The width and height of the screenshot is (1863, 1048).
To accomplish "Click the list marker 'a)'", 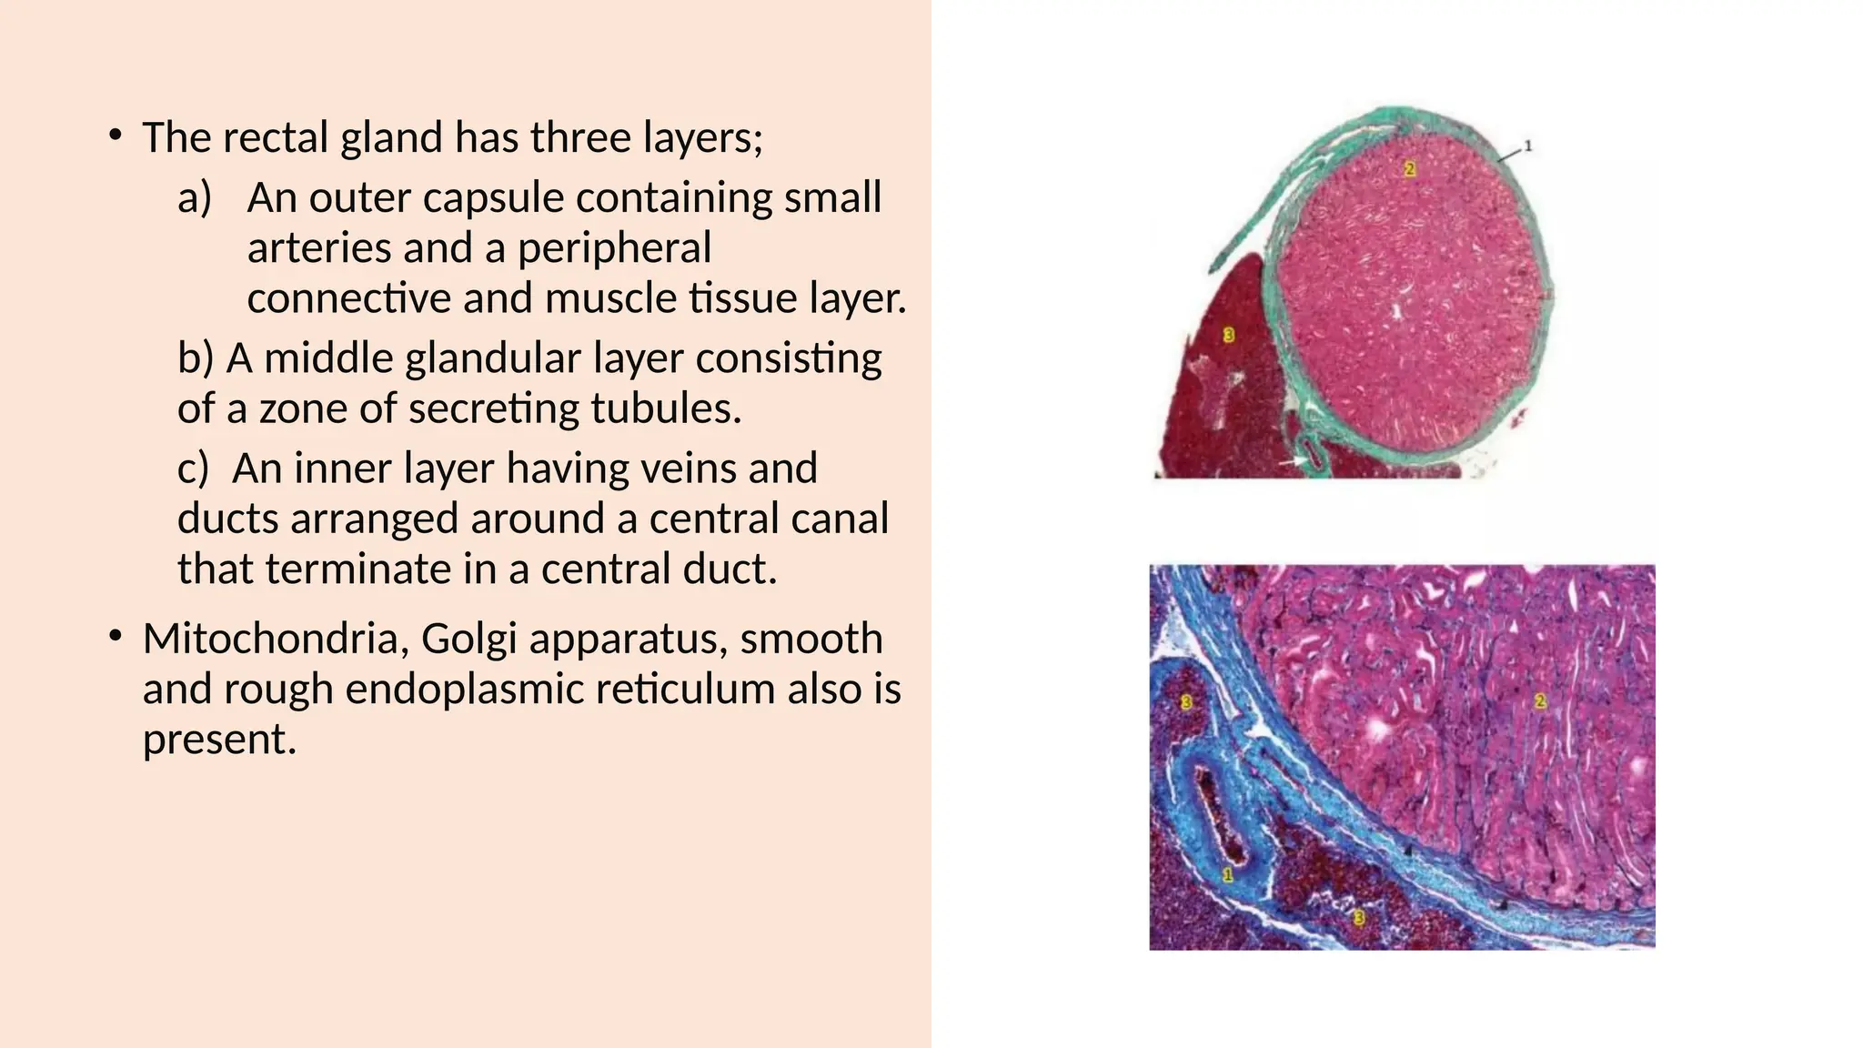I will pyautogui.click(x=195, y=197).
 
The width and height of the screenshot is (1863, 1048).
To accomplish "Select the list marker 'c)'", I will pyautogui.click(x=193, y=468).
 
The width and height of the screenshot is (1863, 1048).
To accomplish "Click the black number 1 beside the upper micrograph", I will pyautogui.click(x=1528, y=146).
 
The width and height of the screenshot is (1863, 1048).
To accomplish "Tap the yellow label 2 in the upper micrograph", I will pyautogui.click(x=1409, y=168).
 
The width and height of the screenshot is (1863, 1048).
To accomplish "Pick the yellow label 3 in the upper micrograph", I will pyautogui.click(x=1229, y=335).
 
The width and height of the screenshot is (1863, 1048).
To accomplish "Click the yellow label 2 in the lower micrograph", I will pyautogui.click(x=1539, y=700).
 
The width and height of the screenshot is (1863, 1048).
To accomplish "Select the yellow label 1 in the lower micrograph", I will pyautogui.click(x=1227, y=875).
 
